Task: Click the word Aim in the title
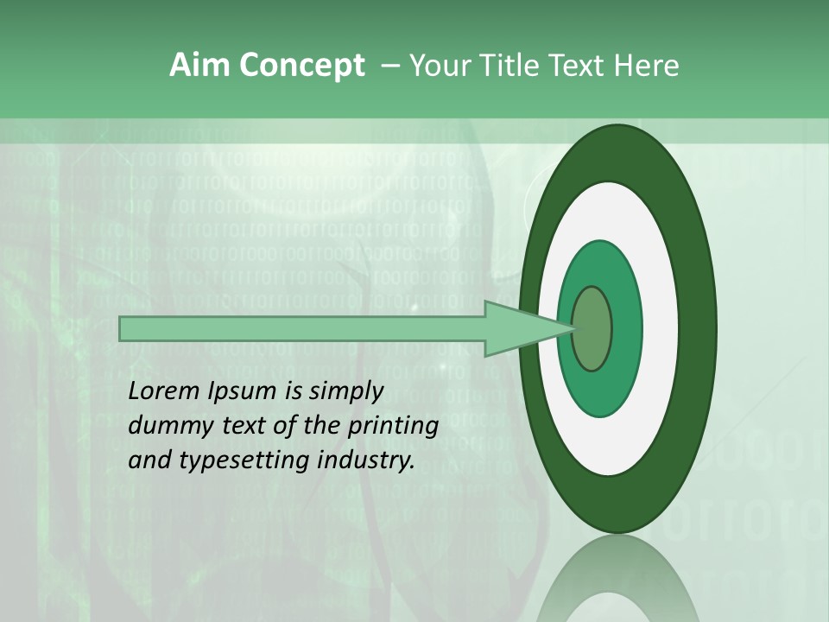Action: [x=199, y=66]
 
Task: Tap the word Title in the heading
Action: [x=516, y=66]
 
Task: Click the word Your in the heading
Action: [x=439, y=66]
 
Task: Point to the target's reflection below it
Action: [x=617, y=587]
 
